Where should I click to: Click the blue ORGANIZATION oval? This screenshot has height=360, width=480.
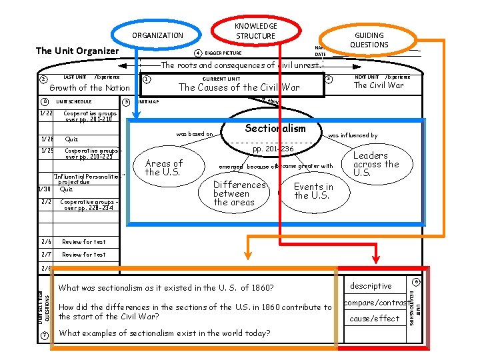click(x=157, y=35)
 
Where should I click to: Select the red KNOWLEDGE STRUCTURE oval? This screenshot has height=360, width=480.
click(x=255, y=31)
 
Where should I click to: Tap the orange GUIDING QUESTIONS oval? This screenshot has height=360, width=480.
click(x=369, y=40)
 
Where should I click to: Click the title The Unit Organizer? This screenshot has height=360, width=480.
click(x=77, y=51)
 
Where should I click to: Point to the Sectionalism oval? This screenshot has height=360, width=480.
click(x=275, y=129)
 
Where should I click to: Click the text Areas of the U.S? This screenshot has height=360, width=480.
click(x=163, y=167)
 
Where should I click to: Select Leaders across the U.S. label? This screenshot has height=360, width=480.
click(x=376, y=164)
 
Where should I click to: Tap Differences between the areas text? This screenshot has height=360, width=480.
click(x=239, y=193)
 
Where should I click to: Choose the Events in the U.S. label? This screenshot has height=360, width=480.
click(x=313, y=191)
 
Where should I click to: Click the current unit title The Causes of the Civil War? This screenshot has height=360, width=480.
click(x=239, y=87)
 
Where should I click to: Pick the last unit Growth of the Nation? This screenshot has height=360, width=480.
click(x=90, y=87)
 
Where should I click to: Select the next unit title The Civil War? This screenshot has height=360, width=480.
click(x=379, y=85)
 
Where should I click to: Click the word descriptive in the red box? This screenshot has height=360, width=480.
click(x=371, y=286)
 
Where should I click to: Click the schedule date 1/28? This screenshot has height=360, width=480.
click(x=46, y=139)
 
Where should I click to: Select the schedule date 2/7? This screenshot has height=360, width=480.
click(x=46, y=254)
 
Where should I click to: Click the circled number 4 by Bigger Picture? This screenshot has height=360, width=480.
click(x=197, y=53)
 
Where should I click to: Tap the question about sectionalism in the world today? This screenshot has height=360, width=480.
click(x=165, y=333)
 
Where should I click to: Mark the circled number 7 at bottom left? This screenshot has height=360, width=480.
click(x=44, y=334)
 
